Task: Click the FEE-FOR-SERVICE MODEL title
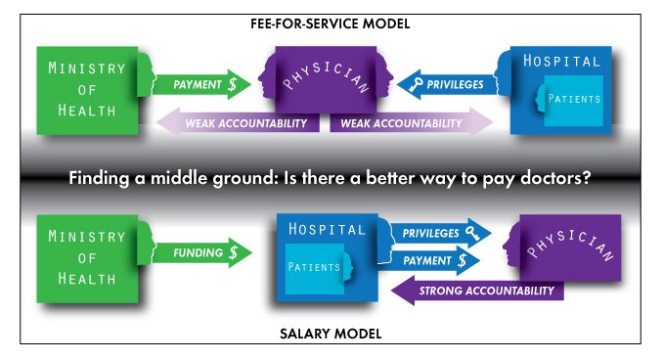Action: click(330, 22)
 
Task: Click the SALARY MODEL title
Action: click(331, 334)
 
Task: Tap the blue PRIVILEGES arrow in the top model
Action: click(445, 85)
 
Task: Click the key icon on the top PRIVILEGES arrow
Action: click(417, 85)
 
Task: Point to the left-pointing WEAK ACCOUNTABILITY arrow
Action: click(239, 123)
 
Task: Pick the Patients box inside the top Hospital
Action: click(573, 99)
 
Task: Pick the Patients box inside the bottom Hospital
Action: click(315, 267)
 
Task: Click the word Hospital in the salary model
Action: click(327, 230)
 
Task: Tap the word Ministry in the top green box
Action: click(86, 67)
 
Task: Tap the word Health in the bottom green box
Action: click(86, 279)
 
